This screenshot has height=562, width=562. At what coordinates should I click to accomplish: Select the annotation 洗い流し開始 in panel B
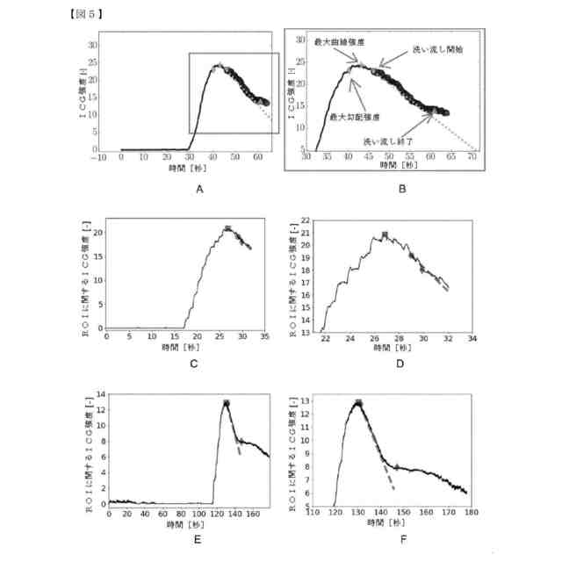coord(438,51)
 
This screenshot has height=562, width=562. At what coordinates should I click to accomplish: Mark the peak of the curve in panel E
coord(226,402)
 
